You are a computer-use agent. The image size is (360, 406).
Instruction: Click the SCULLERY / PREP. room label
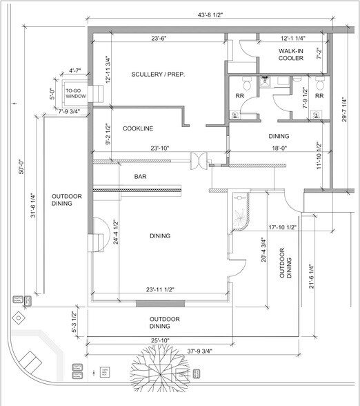[159, 74]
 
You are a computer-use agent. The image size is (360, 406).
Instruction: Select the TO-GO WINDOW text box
[74, 95]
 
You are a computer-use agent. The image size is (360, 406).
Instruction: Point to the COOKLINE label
[138, 129]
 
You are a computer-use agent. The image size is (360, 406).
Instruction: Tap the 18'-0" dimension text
[278, 147]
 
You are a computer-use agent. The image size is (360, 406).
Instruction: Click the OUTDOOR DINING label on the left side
[67, 201]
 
